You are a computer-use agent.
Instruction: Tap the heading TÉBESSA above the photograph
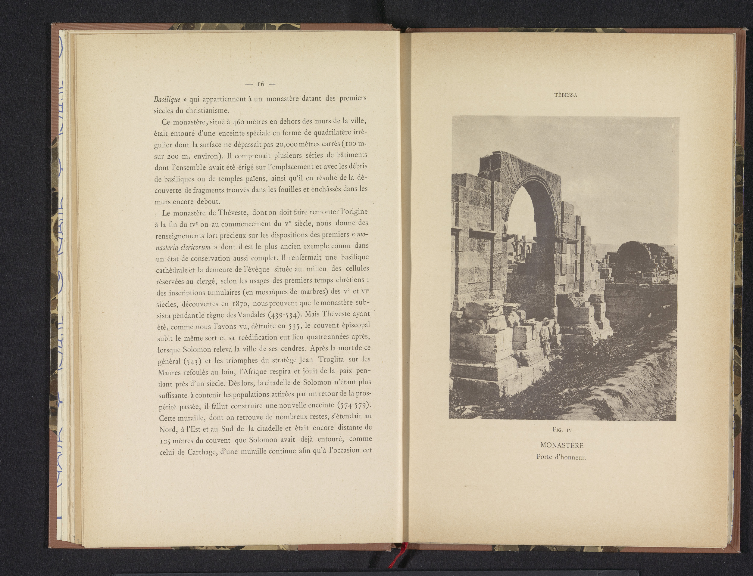[x=566, y=95]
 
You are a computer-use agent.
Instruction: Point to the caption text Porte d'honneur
[x=561, y=457]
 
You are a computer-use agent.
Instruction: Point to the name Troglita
[x=331, y=360]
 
